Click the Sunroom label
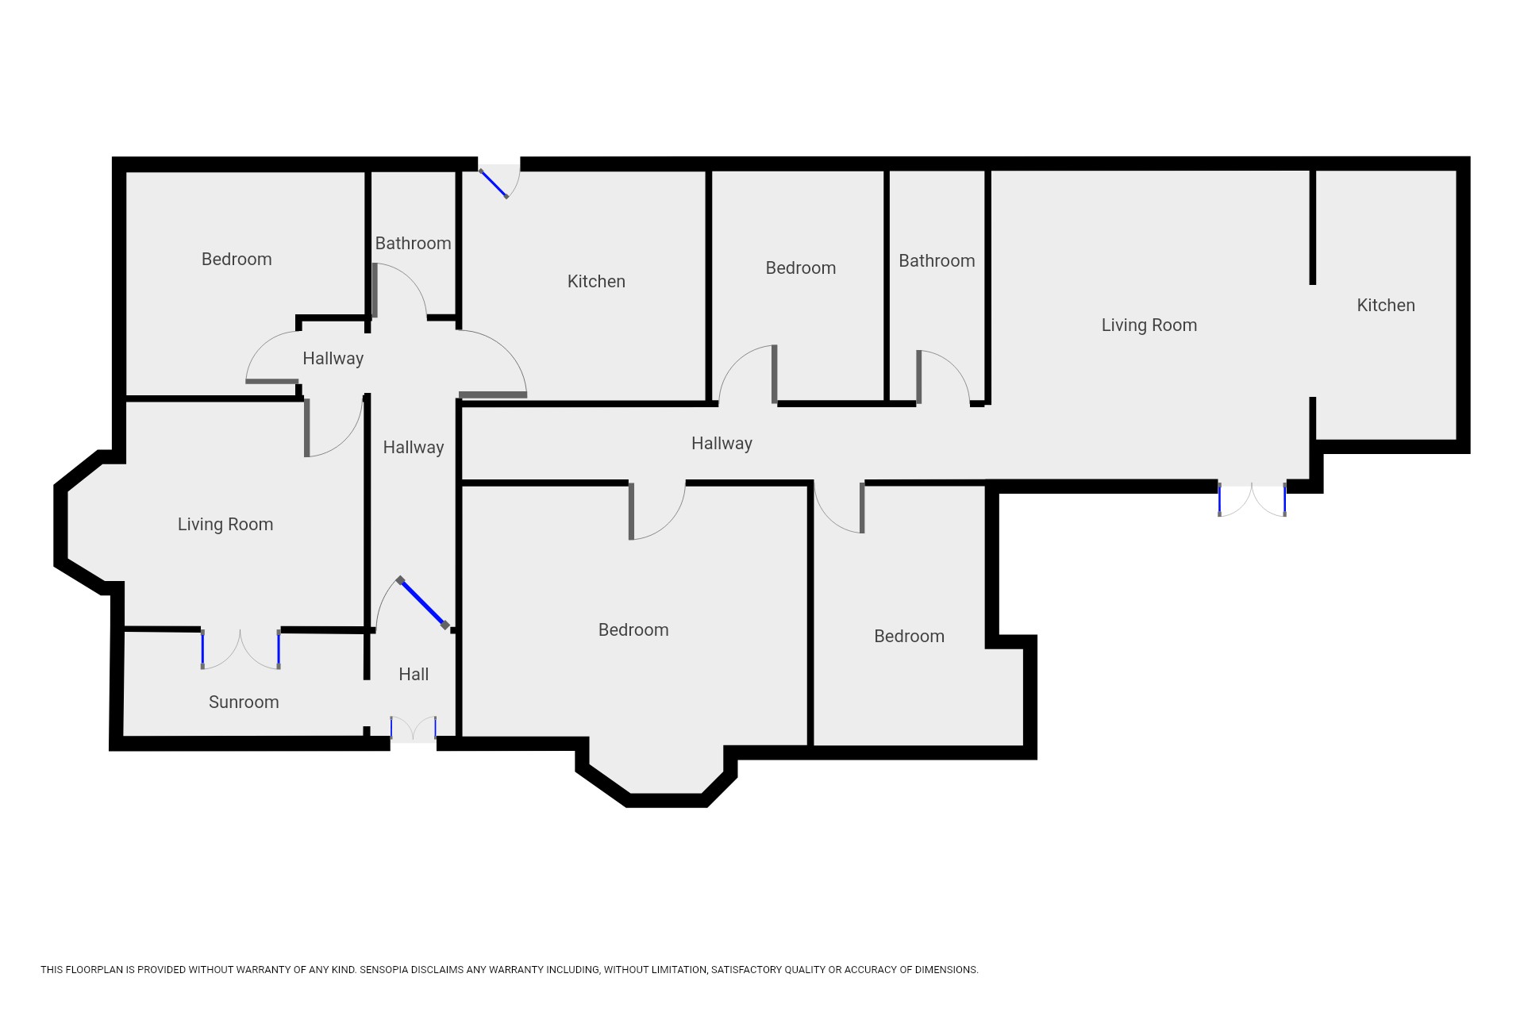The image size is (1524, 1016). [244, 702]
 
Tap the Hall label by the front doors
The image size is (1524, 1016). [414, 674]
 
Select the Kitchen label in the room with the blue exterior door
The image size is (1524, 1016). [596, 281]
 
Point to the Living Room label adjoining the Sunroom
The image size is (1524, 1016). [225, 524]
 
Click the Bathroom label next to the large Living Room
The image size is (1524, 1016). [937, 260]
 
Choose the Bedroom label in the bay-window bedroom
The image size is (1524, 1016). [633, 629]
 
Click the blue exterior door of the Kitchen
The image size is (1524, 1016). [494, 184]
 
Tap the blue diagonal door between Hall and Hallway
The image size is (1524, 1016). [423, 603]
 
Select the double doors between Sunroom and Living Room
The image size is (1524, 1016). [241, 649]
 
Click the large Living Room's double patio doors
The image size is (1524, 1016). [1252, 499]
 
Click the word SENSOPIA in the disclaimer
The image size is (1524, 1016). [385, 970]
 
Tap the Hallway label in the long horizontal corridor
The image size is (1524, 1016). [722, 443]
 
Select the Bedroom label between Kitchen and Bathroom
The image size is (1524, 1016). [800, 267]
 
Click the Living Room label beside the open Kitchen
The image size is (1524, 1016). [1149, 325]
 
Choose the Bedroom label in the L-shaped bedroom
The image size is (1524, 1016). [909, 636]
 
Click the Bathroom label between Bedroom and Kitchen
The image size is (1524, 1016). [413, 243]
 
